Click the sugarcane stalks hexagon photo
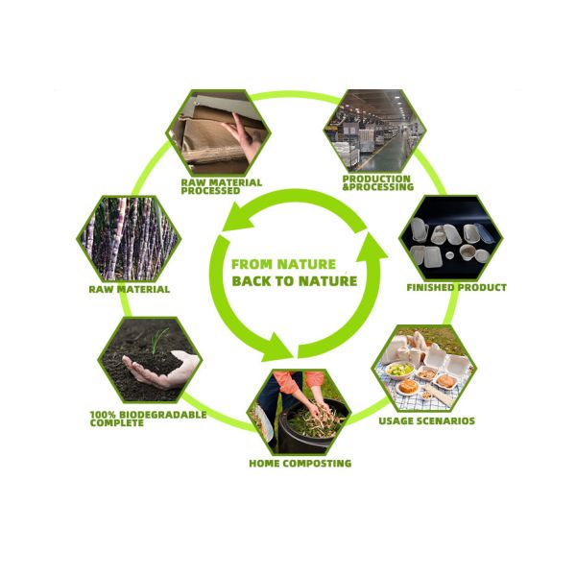pyautogui.click(x=129, y=239)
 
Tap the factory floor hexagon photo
pyautogui.click(x=375, y=132)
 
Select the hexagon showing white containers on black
pyautogui.click(x=451, y=238)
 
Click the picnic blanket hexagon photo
pyautogui.click(x=424, y=369)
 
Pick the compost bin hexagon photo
pyautogui.click(x=299, y=412)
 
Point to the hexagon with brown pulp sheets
pyautogui.click(x=218, y=132)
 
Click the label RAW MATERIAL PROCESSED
pyautogui.click(x=221, y=186)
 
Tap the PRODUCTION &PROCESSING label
pyautogui.click(x=378, y=183)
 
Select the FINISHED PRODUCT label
pyautogui.click(x=456, y=287)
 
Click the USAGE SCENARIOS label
pyautogui.click(x=427, y=420)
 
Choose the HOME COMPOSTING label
pyautogui.click(x=300, y=464)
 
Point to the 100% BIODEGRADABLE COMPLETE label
pyautogui.click(x=148, y=419)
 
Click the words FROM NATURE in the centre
pyautogui.click(x=283, y=264)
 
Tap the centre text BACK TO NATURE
pyautogui.click(x=295, y=281)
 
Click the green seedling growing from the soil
pyautogui.click(x=158, y=340)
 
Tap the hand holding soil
pyautogui.click(x=160, y=370)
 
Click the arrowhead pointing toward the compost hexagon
pyautogui.click(x=276, y=348)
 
